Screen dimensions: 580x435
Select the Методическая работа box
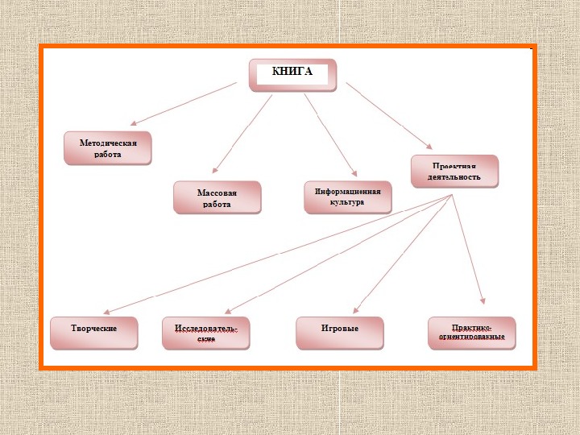tap(108, 148)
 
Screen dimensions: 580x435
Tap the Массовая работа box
tap(217, 197)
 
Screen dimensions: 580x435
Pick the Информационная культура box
tap(347, 197)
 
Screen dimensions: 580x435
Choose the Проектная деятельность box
tap(454, 171)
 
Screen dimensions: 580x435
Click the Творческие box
tap(94, 332)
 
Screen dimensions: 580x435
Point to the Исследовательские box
tap(205, 333)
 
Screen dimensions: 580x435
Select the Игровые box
tap(339, 332)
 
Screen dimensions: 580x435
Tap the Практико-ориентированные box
tap(471, 332)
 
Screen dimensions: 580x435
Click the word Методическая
tap(108, 143)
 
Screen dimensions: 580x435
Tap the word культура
tap(347, 203)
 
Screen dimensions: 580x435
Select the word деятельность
tap(454, 176)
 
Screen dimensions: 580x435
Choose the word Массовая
tap(217, 193)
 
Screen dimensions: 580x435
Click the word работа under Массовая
tap(217, 204)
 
